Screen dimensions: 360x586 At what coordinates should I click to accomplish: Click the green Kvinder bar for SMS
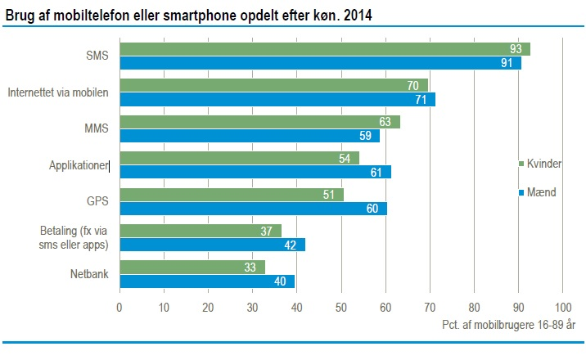coord(324,49)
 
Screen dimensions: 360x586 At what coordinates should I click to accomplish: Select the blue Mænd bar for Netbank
coord(206,281)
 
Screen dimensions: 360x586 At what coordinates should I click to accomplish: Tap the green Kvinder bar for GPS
coord(231,195)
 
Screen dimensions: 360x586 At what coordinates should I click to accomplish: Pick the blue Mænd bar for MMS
coord(249,136)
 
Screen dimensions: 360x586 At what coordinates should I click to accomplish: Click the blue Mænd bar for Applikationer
coord(255,172)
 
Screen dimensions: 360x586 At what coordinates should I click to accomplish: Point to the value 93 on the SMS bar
coord(515,49)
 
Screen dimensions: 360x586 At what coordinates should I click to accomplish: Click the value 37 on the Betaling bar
coord(267,232)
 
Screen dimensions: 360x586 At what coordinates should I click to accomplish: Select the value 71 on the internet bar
coord(420,100)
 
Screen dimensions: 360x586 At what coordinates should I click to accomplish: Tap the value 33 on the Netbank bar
coord(250,267)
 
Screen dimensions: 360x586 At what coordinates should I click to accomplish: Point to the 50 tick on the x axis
coord(340,308)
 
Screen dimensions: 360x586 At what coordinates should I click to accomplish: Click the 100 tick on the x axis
coord(562,308)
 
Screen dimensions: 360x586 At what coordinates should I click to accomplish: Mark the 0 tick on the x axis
coord(119,308)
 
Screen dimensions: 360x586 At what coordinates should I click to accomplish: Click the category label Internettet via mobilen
coord(57,92)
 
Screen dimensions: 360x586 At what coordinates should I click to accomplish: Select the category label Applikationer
coord(78,164)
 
